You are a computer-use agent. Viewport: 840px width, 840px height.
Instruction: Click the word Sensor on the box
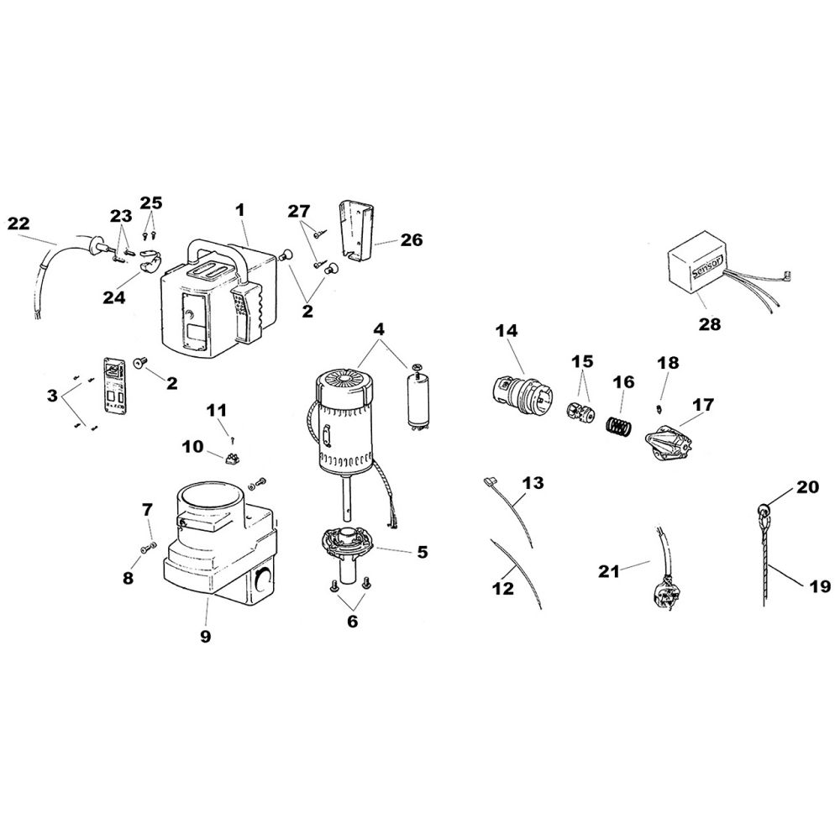coord(707,265)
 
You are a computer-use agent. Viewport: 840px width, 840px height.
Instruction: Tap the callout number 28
coord(709,324)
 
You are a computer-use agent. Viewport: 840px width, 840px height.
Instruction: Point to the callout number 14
coord(507,330)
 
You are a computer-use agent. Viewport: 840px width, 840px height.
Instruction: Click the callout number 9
coord(206,636)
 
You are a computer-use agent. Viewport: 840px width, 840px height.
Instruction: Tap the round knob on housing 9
coord(262,580)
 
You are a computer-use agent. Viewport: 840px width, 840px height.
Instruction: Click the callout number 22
coord(18,223)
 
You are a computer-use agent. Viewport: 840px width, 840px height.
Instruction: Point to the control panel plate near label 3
coord(115,386)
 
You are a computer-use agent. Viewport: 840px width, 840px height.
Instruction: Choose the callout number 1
coord(240,210)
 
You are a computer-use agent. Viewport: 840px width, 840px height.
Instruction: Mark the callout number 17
coord(703,405)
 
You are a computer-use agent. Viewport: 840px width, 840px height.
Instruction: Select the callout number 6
coord(352,621)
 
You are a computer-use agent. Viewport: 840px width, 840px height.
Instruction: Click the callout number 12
coord(502,588)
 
